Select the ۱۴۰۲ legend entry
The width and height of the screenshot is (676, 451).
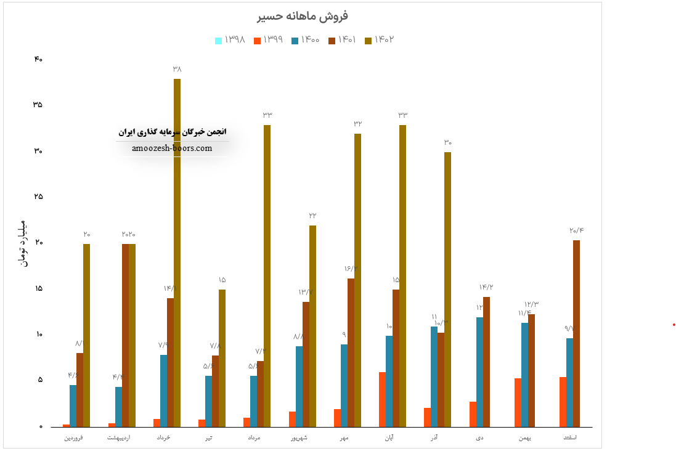(379, 40)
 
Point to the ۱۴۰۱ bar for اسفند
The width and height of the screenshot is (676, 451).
(576, 333)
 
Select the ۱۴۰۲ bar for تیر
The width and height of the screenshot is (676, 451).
(222, 357)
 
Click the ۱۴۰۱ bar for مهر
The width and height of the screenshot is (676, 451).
(351, 352)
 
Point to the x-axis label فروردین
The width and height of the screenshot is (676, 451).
(75, 438)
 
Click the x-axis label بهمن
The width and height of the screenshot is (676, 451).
(524, 438)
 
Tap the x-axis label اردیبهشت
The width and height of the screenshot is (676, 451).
(120, 438)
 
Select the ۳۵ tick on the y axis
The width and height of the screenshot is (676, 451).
(38, 105)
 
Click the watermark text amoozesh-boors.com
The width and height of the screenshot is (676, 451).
(172, 148)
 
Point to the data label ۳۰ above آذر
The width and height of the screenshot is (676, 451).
(448, 143)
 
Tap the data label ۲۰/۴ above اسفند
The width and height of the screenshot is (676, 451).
(577, 230)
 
